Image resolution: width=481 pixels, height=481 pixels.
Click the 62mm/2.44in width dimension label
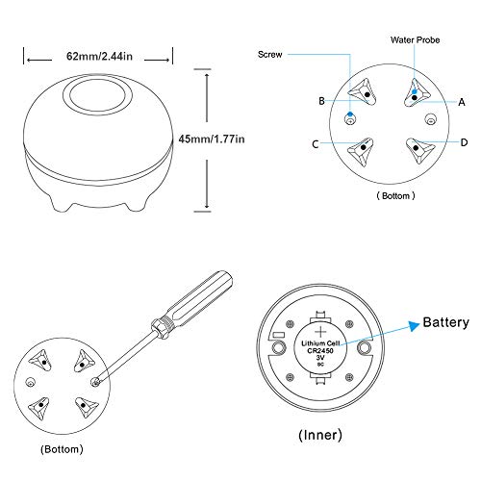coord(99,56)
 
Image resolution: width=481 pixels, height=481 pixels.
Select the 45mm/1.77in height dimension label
coord(212,139)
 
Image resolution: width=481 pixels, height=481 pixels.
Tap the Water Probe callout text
coord(415,40)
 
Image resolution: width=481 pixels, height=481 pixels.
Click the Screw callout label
coord(270,54)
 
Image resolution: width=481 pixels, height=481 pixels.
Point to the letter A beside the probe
coord(462,102)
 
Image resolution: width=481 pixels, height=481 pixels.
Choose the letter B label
coord(321,101)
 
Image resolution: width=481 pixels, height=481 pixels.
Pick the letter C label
coord(316,144)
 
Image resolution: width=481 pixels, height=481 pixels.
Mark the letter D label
coord(464,142)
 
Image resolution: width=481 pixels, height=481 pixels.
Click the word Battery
coord(445,322)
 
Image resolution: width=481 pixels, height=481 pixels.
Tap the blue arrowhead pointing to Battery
coord(414,325)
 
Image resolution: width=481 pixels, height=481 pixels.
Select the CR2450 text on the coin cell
coord(320,350)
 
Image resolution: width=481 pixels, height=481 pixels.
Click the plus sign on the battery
coord(320,332)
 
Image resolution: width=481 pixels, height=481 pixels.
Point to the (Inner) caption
coord(320,435)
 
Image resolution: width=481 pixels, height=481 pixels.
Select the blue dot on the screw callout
coord(350,114)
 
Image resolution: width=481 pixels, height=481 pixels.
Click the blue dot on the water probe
coord(415,91)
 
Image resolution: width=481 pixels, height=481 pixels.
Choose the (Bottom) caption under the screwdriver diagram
coord(62,449)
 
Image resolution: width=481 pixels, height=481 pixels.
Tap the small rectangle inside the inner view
coord(278,335)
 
